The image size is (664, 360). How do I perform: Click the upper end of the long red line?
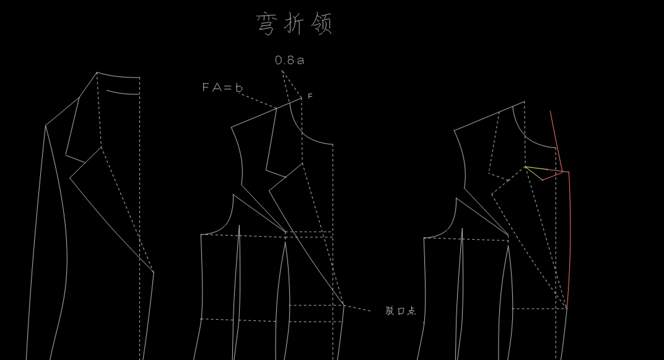[550, 111]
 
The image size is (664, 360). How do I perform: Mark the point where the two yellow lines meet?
[526, 167]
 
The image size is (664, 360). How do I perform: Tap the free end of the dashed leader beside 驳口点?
[371, 310]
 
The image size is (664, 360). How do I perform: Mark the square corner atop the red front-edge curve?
[569, 172]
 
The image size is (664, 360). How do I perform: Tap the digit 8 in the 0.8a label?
[290, 60]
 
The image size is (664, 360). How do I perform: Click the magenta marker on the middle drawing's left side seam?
[201, 319]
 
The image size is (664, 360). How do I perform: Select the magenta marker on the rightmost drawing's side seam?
[424, 323]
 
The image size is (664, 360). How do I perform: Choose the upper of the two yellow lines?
[544, 169]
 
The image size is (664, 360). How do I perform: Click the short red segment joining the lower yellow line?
[553, 176]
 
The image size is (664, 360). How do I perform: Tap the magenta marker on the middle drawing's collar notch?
[286, 177]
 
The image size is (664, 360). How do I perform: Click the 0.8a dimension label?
[290, 60]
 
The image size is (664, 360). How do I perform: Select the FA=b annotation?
[222, 88]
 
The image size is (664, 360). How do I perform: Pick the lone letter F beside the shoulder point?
[310, 96]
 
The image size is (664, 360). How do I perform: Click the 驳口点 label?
[401, 311]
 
